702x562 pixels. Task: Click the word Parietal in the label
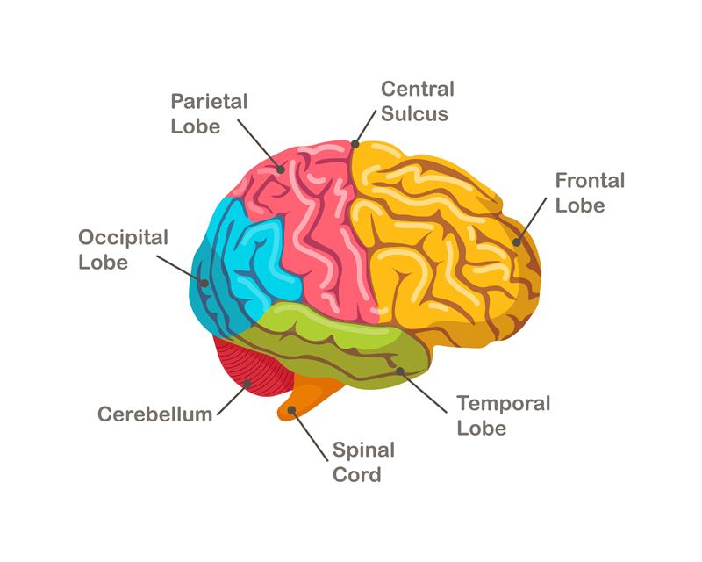coord(209,101)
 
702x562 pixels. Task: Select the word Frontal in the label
coord(590,181)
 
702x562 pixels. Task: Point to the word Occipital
coord(123,238)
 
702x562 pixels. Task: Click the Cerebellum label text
coord(154,414)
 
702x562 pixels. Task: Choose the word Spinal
coord(363,450)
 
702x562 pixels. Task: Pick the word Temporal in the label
coord(504,404)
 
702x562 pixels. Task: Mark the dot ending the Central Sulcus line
coord(355,144)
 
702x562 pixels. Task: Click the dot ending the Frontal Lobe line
coord(518,241)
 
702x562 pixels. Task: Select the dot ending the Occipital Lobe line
coord(204,283)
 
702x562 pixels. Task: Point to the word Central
coord(417,89)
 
